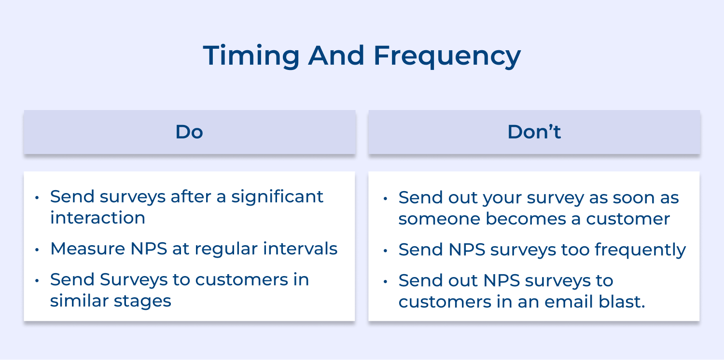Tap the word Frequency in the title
point(447,55)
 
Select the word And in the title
point(336,55)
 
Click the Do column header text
point(189,132)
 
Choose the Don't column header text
point(534,132)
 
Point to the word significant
point(277,197)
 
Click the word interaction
point(97,218)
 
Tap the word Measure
point(86,249)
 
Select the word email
point(564,302)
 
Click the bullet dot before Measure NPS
point(38,250)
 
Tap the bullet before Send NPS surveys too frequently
point(386,251)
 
